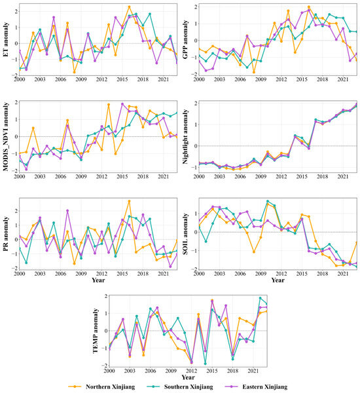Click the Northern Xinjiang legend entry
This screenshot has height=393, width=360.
pos(101,386)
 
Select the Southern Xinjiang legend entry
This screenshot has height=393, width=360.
pos(179,386)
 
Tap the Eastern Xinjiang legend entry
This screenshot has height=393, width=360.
pos(256,386)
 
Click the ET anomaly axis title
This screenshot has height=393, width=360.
pos(5,39)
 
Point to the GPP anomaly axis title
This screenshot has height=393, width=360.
pos(185,39)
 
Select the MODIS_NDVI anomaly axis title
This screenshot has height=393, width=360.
pos(5,137)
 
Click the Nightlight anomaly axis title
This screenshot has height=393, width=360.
pos(185,137)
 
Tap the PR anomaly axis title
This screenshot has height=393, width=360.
pos(5,234)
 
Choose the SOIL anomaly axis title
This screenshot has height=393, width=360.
pos(185,234)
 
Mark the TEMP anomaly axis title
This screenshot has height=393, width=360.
pos(96,331)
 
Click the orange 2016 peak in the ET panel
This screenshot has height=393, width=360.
pos(129,7)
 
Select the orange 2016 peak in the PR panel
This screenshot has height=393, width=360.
pos(129,201)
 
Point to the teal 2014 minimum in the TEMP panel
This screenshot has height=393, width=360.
pos(206,364)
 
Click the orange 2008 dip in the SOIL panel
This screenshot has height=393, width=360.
pos(254,252)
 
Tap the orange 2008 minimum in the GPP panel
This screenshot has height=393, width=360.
pos(254,72)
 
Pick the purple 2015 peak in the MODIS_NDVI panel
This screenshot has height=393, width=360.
pos(122,103)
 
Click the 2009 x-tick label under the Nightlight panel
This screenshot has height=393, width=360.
pos(261,176)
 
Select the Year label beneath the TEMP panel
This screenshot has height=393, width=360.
pos(188,377)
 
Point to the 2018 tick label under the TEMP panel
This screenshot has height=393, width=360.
pos(232,371)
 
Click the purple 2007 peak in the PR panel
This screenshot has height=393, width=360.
pos(67,211)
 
